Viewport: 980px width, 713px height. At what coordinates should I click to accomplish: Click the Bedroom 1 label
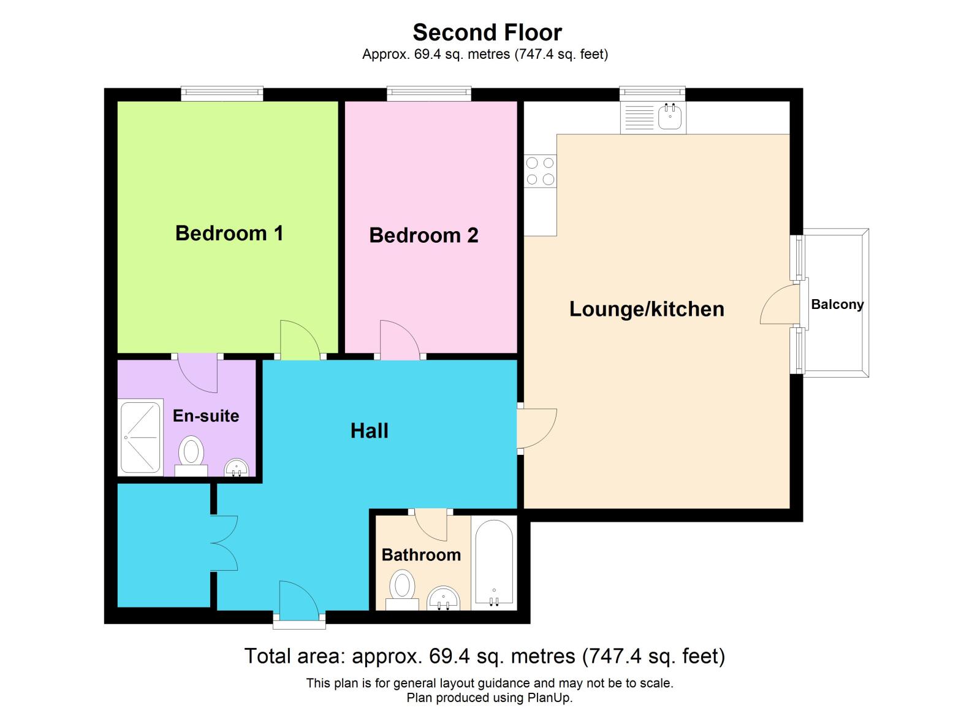229,234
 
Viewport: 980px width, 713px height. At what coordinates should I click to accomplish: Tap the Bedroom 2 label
424,235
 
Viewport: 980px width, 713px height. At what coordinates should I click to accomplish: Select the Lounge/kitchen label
647,310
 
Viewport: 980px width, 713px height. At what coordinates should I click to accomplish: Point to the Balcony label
837,305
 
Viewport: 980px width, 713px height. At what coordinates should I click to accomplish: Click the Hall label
369,431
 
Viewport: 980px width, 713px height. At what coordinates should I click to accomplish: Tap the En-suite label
206,416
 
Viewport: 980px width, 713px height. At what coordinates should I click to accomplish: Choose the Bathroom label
421,555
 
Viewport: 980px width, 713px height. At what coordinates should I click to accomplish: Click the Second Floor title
487,32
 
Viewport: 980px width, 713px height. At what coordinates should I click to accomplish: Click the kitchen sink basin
669,116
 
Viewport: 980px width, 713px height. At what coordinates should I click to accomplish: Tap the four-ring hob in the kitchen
541,171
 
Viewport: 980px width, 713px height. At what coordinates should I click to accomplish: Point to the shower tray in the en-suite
140,437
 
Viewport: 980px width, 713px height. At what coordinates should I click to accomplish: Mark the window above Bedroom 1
222,93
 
